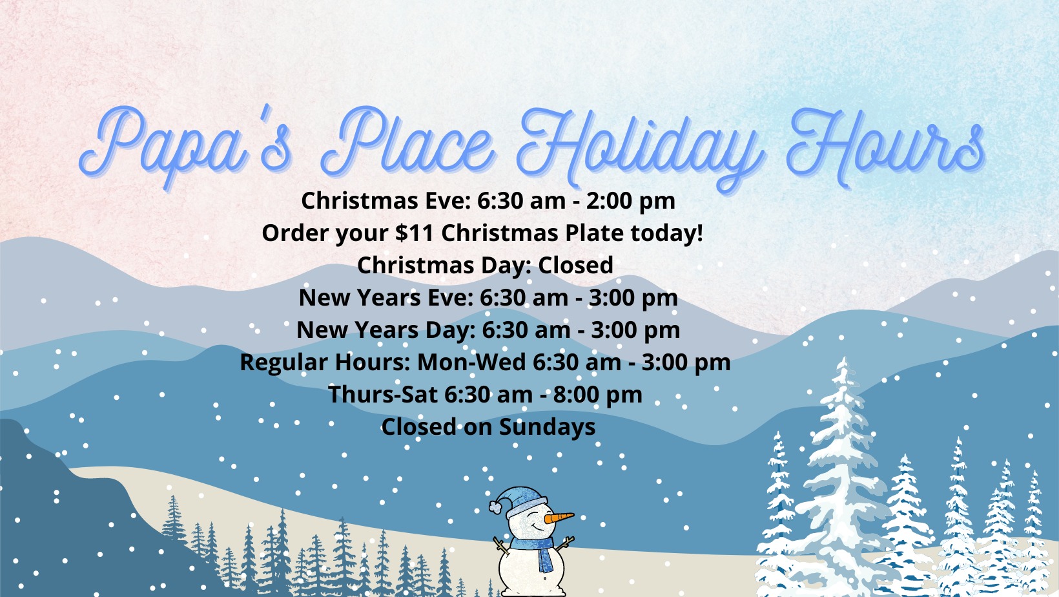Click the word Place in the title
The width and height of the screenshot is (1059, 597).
(407, 142)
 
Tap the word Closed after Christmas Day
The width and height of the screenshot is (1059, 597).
(575, 265)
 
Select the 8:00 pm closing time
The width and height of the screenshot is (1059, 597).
(597, 395)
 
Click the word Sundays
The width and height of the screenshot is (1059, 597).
(547, 426)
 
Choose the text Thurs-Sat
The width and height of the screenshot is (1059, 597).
(382, 395)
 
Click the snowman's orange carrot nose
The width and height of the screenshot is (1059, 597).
(559, 518)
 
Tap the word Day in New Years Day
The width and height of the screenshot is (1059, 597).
(451, 330)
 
